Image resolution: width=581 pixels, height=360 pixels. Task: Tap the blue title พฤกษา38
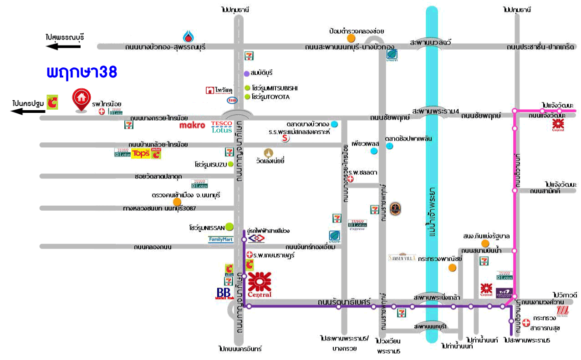tap(82, 72)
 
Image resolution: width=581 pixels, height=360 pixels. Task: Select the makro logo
tap(192, 125)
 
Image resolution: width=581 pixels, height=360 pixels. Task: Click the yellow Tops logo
tap(140, 154)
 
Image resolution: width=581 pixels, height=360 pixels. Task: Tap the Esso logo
tap(232, 100)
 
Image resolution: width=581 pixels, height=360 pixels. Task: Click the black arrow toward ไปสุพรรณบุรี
tap(64, 46)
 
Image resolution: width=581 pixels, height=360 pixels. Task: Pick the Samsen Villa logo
tap(402, 258)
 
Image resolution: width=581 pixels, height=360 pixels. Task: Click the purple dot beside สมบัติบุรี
tap(247, 73)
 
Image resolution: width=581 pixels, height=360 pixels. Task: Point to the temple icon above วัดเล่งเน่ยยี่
tap(269, 152)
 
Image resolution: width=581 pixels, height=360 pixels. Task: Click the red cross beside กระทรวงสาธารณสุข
tap(526, 323)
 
